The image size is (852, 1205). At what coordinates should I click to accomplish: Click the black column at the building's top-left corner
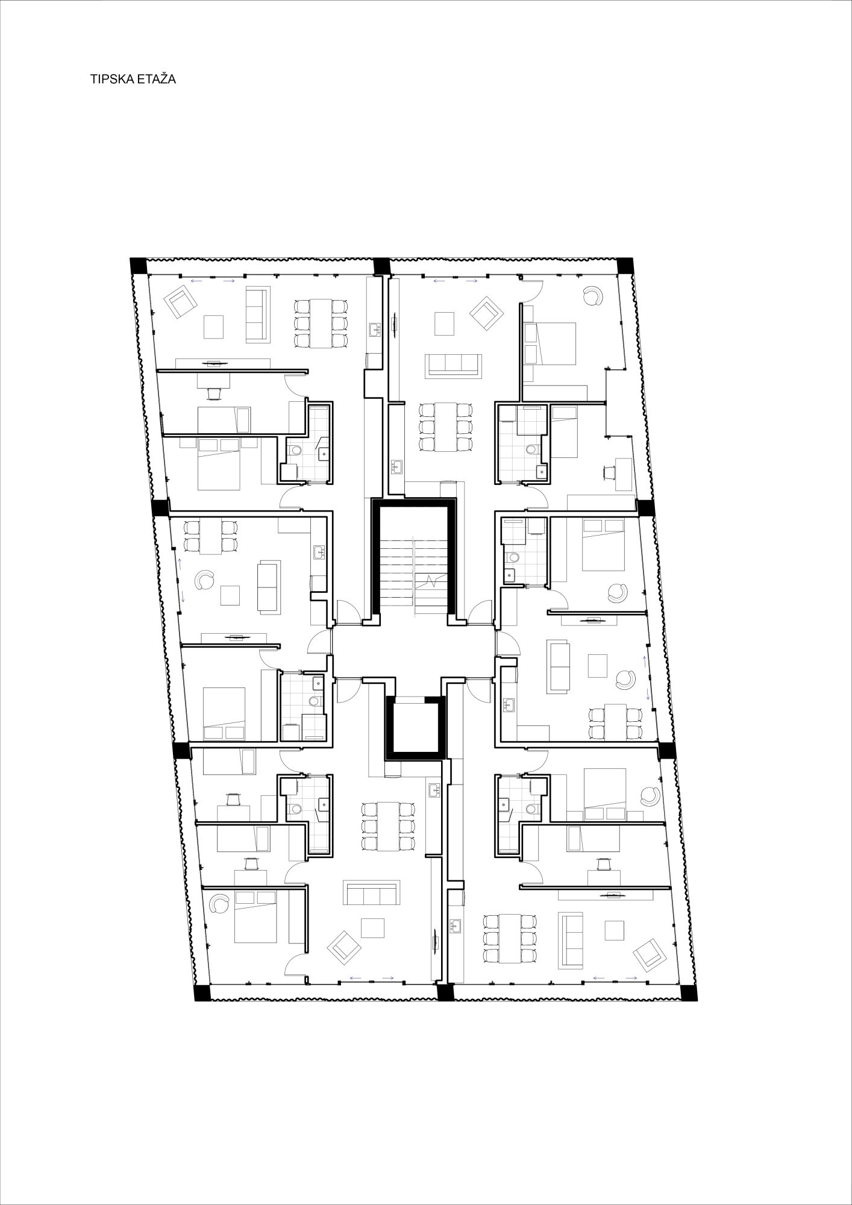139,265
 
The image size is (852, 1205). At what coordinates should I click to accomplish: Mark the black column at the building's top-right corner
624,265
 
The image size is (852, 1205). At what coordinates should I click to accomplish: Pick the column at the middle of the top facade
382,266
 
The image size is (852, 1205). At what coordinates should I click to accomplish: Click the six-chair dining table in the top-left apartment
321,324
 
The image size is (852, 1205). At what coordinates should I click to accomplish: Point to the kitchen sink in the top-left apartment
375,329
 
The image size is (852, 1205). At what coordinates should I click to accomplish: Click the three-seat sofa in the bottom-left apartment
372,892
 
